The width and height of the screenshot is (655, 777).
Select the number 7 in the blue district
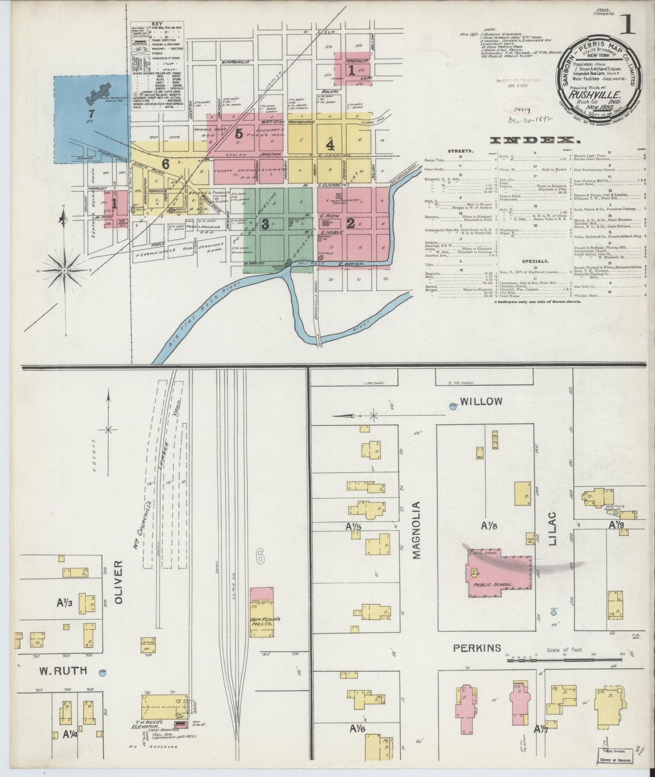click(x=92, y=113)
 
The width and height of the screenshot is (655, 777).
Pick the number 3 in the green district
click(x=265, y=223)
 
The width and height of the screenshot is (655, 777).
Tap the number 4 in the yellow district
click(x=330, y=145)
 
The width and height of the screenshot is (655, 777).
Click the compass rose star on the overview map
click(x=65, y=270)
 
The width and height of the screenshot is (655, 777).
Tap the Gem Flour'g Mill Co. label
click(x=262, y=622)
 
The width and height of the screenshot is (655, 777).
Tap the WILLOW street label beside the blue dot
click(x=482, y=402)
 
